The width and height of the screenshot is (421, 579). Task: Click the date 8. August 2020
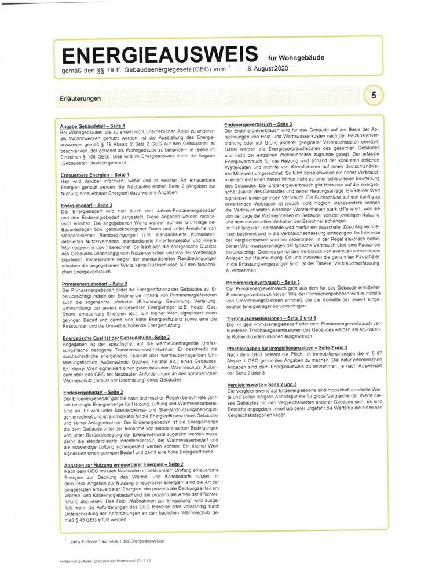pos(267,69)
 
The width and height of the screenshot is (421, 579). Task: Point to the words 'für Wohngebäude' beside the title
pos(293,57)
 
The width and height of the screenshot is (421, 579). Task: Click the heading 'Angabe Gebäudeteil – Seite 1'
pos(92,126)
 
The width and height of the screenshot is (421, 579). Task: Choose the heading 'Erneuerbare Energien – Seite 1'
pos(94,174)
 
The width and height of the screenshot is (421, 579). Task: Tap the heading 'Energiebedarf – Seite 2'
pos(86,205)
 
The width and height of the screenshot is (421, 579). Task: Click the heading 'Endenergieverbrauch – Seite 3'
pos(258,124)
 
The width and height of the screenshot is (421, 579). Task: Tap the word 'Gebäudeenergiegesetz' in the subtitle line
pos(148,69)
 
